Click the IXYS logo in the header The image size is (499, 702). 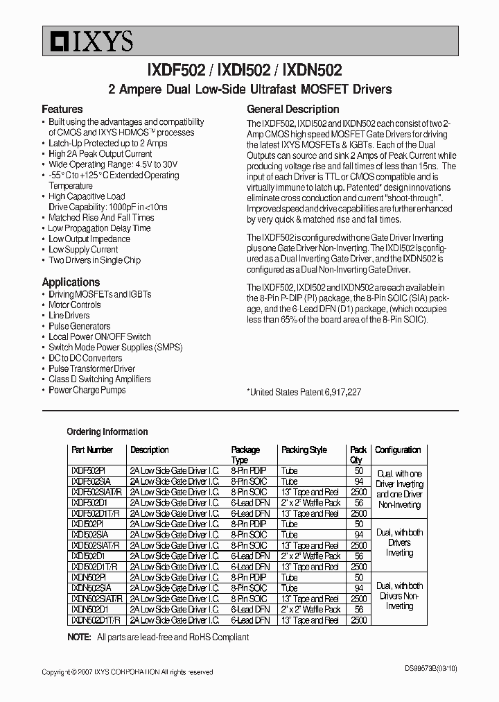pyautogui.click(x=87, y=42)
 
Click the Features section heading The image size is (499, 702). pyautogui.click(x=62, y=109)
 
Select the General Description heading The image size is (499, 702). pyautogui.click(x=293, y=109)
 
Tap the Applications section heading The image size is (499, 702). pyautogui.click(x=71, y=282)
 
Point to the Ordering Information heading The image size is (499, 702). pyautogui.click(x=107, y=431)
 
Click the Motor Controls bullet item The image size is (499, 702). pyautogui.click(x=75, y=305)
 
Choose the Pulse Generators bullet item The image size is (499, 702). pyautogui.click(x=79, y=326)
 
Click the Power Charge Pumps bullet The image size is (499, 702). pyautogui.click(x=87, y=390)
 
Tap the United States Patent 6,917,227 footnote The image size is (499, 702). pyautogui.click(x=304, y=392)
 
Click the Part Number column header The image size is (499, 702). pyautogui.click(x=92, y=450)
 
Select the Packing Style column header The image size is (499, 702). pyautogui.click(x=304, y=450)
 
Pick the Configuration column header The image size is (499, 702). pyautogui.click(x=398, y=450)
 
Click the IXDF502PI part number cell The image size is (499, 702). pyautogui.click(x=87, y=470)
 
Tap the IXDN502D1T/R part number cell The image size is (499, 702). pyautogui.click(x=96, y=620)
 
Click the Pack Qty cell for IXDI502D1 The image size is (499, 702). pyautogui.click(x=358, y=556)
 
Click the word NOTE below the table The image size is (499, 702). pyautogui.click(x=79, y=637)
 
